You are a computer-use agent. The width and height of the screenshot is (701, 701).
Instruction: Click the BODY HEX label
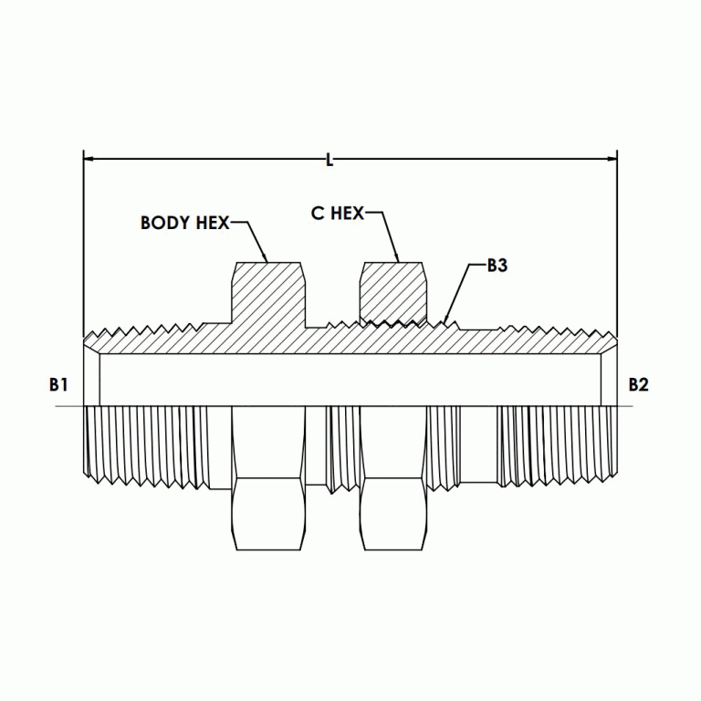click(184, 223)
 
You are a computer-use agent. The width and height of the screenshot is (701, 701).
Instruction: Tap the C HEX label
click(337, 214)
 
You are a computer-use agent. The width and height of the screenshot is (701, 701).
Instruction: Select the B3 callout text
click(497, 266)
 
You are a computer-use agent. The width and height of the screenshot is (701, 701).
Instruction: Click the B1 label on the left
click(58, 385)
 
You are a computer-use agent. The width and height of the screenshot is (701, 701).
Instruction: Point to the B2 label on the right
click(639, 385)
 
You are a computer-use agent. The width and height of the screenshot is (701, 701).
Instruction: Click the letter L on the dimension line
click(330, 161)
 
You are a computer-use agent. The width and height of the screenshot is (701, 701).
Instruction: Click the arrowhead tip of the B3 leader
click(445, 322)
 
